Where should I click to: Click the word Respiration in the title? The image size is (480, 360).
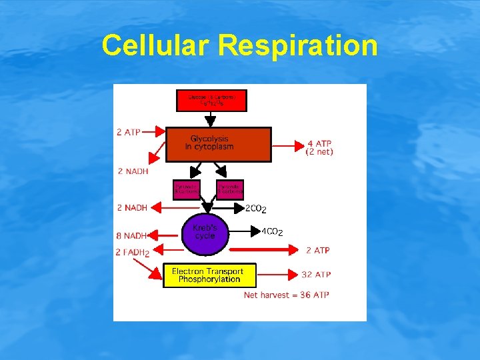tap(297, 46)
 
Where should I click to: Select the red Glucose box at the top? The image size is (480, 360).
tap(211, 101)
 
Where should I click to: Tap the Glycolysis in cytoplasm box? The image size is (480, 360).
tap(218, 144)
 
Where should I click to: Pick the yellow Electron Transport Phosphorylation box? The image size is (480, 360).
tap(209, 275)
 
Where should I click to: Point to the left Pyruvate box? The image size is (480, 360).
tap(186, 189)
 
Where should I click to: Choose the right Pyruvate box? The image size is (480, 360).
tap(230, 189)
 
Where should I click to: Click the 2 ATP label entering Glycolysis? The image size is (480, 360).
tap(128, 132)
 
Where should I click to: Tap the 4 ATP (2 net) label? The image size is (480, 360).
tap(319, 147)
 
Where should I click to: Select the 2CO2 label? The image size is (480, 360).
tap(256, 209)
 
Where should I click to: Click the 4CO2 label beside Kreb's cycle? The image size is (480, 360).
tap(271, 232)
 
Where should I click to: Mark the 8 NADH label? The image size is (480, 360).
tap(131, 235)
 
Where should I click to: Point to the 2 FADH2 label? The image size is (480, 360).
tap(132, 252)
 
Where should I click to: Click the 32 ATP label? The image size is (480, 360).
tap(316, 274)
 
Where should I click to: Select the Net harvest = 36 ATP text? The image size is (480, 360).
tap(286, 295)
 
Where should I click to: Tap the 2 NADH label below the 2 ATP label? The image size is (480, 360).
tap(133, 172)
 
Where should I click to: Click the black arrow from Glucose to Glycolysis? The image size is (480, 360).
tap(211, 119)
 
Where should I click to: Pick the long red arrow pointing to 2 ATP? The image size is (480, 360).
tap(263, 250)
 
